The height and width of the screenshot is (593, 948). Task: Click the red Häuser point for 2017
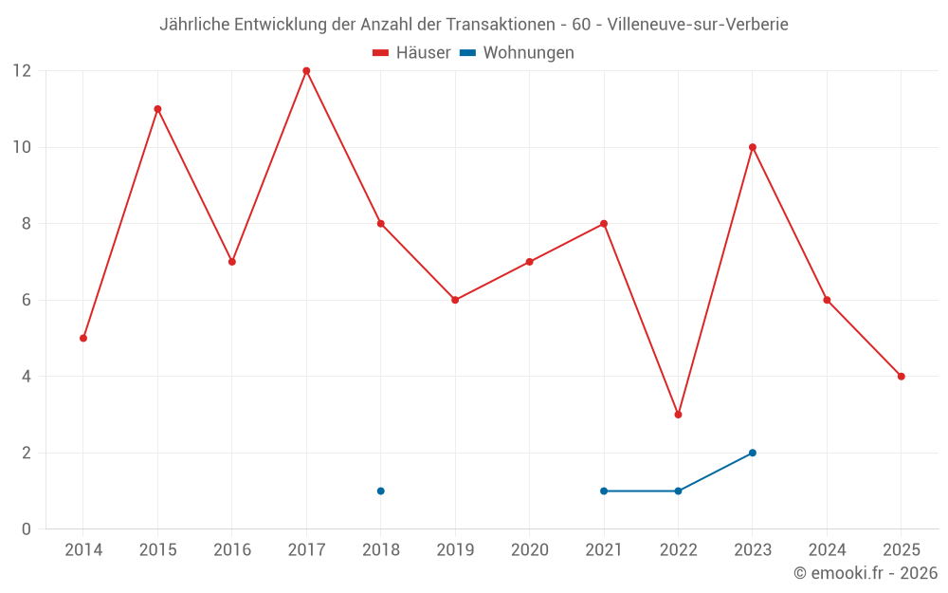pyautogui.click(x=306, y=71)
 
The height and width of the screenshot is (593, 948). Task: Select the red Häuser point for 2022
pyautogui.click(x=678, y=415)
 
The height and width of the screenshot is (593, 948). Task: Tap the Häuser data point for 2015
pyautogui.click(x=157, y=109)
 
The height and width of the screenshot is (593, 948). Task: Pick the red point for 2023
pyautogui.click(x=753, y=147)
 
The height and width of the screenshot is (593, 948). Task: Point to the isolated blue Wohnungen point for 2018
pyautogui.click(x=380, y=491)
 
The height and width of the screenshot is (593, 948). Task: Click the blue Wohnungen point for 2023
pyautogui.click(x=753, y=453)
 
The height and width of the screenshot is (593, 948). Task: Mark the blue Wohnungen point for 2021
pyautogui.click(x=604, y=491)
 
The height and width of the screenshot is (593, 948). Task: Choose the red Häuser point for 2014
pyautogui.click(x=83, y=338)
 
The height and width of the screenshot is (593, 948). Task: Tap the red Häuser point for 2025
pyautogui.click(x=901, y=377)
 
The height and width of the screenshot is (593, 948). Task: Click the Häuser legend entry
pyautogui.click(x=412, y=53)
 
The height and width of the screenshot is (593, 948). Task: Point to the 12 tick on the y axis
pyautogui.click(x=22, y=71)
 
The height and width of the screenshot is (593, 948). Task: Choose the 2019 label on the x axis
pyautogui.click(x=455, y=549)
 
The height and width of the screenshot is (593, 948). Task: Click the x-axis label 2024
pyautogui.click(x=827, y=549)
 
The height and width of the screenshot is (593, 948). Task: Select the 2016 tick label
pyautogui.click(x=232, y=549)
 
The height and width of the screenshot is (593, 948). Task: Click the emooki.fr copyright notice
pyautogui.click(x=866, y=573)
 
